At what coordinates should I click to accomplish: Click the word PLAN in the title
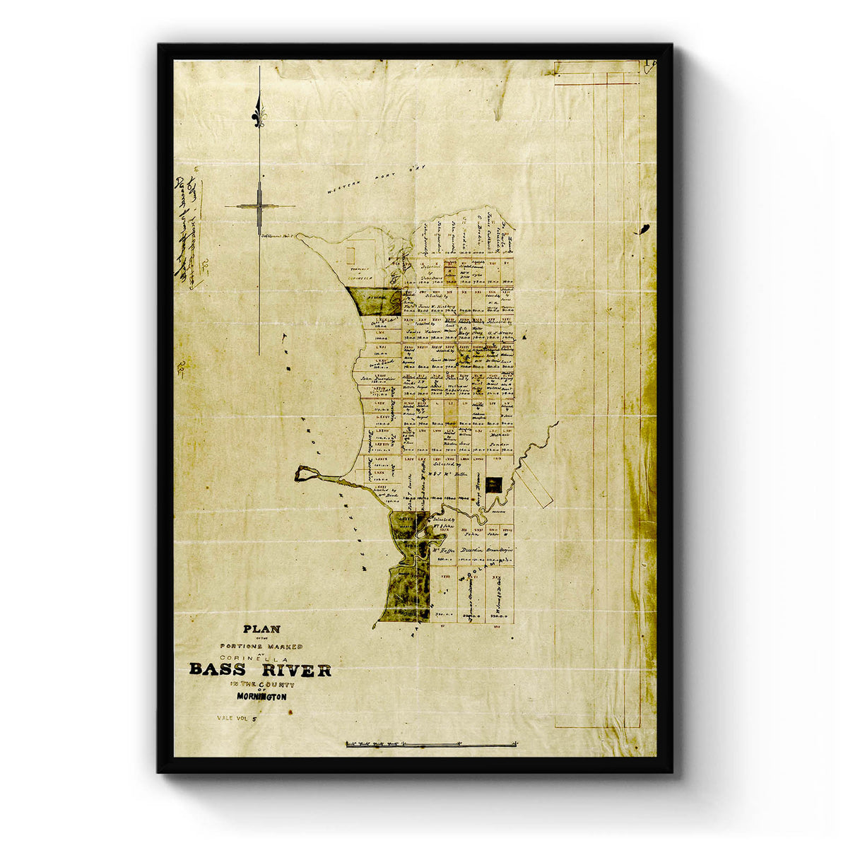pyautogui.click(x=261, y=629)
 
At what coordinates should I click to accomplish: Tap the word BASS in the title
pyautogui.click(x=216, y=670)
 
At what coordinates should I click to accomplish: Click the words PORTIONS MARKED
pyautogui.click(x=261, y=646)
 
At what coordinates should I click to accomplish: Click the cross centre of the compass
pyautogui.click(x=259, y=206)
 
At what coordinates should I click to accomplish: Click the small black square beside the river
pyautogui.click(x=495, y=484)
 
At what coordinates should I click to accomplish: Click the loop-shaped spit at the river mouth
pyautogui.click(x=304, y=473)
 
